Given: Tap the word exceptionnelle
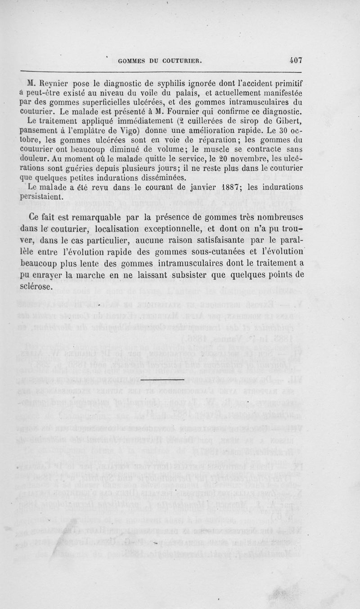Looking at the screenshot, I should [170, 228].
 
